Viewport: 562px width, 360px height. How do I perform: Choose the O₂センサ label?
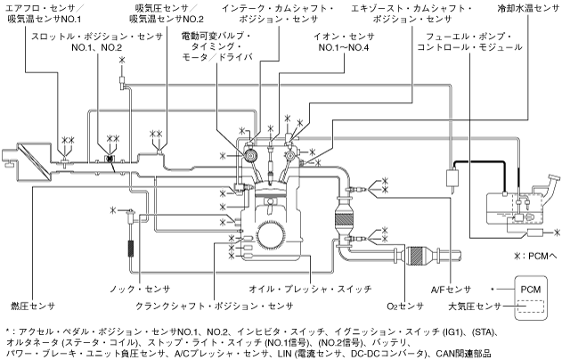(x=404, y=307)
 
